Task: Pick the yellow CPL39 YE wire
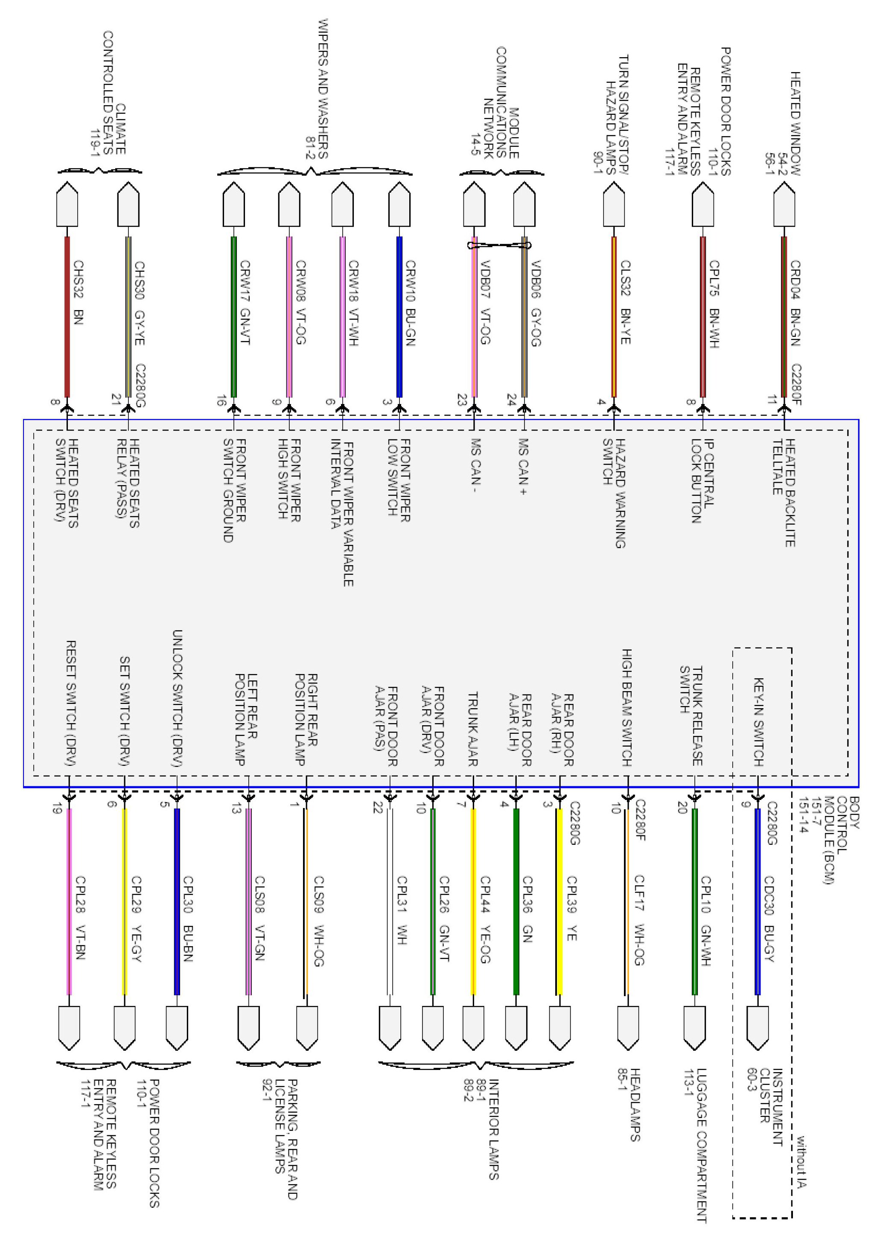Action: [559, 901]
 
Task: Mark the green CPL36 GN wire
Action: [516, 901]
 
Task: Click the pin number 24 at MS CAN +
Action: [511, 400]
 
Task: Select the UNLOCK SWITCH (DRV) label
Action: [177, 698]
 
